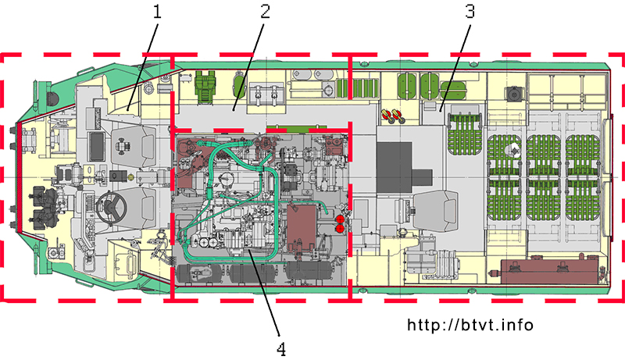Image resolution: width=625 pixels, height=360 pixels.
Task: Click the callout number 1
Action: (157, 12)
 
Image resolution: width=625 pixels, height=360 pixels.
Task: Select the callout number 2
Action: (266, 12)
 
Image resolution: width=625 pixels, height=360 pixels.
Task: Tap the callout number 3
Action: (470, 12)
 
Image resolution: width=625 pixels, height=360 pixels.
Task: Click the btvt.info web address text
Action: (470, 325)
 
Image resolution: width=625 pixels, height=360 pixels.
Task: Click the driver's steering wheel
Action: (111, 208)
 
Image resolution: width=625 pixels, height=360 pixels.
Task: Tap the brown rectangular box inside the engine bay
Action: (302, 226)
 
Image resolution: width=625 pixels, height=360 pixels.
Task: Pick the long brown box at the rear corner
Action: (550, 271)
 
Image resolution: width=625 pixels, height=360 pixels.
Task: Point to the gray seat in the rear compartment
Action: (436, 211)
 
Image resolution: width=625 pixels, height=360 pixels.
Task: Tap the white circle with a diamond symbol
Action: (513, 151)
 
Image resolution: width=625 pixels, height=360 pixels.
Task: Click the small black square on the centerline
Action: (118, 176)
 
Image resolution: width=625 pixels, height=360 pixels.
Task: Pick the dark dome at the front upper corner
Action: (53, 98)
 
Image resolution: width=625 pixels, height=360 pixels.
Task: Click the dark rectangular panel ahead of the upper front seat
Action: (97, 147)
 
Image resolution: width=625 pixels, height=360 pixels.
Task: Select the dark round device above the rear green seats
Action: (514, 94)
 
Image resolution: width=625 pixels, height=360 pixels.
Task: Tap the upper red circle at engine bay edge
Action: (341, 219)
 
